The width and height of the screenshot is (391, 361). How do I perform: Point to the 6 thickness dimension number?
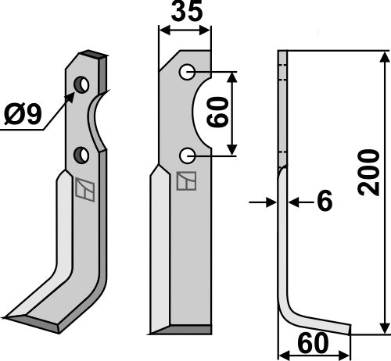click(324, 202)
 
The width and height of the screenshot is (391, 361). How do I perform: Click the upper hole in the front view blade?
click(186, 73)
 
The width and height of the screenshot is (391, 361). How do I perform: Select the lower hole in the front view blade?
click(186, 156)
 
